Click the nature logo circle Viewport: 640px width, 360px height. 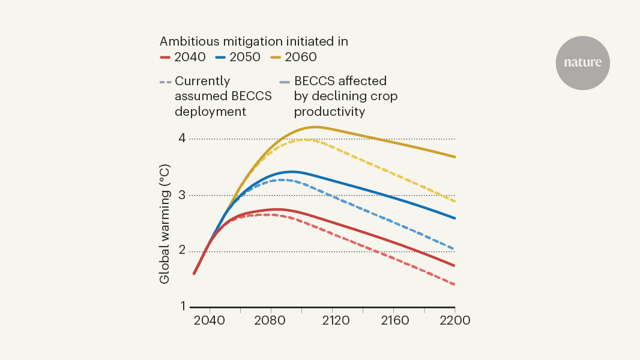[x=582, y=63]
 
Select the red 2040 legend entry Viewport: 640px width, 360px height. [x=183, y=58]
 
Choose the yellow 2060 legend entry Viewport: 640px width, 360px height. [x=294, y=58]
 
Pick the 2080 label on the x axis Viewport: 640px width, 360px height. [x=271, y=320]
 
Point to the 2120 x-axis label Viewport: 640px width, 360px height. [x=332, y=320]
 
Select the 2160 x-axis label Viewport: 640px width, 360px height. [x=393, y=320]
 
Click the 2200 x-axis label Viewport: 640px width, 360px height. [x=454, y=320]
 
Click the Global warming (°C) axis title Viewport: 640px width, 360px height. [x=165, y=223]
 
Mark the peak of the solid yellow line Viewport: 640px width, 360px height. [x=315, y=127]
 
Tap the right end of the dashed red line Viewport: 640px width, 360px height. [x=454, y=284]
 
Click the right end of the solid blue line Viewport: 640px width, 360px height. [x=454, y=218]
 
